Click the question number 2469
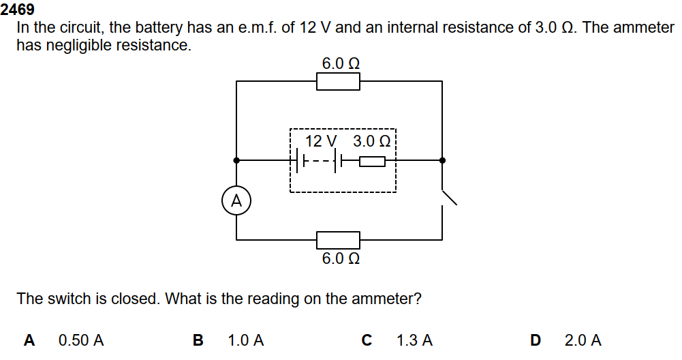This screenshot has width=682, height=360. (x=18, y=10)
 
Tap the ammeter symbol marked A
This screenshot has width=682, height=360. (x=236, y=201)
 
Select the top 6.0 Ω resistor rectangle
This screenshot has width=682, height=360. (x=338, y=81)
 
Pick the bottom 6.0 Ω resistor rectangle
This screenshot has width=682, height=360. (x=338, y=240)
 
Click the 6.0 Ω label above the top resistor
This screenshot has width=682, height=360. (x=341, y=63)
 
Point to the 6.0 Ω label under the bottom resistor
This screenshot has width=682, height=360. (x=341, y=259)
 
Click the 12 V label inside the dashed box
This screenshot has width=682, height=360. (x=321, y=142)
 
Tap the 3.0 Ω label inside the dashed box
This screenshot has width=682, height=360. (x=372, y=142)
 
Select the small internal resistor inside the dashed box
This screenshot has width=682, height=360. (x=372, y=161)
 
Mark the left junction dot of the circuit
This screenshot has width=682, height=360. (x=236, y=161)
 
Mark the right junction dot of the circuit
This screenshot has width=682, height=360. (x=442, y=161)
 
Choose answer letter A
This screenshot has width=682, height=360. (x=29, y=340)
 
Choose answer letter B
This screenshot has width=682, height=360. (x=198, y=340)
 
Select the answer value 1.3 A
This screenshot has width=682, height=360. (x=414, y=340)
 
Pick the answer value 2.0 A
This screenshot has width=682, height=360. (x=583, y=340)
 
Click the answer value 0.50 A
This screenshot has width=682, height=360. (x=81, y=340)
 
